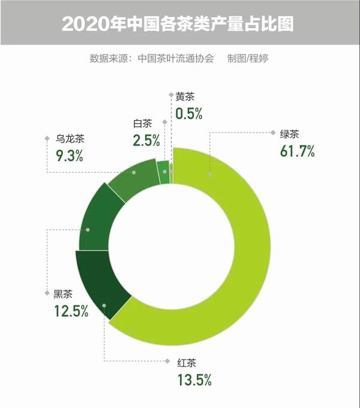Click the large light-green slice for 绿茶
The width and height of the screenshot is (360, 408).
coord(252,252)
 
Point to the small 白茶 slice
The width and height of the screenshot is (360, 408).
coord(163,172)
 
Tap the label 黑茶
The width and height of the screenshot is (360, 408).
coord(64,294)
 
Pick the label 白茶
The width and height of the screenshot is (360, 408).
coord(142,124)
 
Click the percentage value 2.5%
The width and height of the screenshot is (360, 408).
coord(146,141)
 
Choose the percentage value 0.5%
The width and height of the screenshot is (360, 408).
coord(189,112)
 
